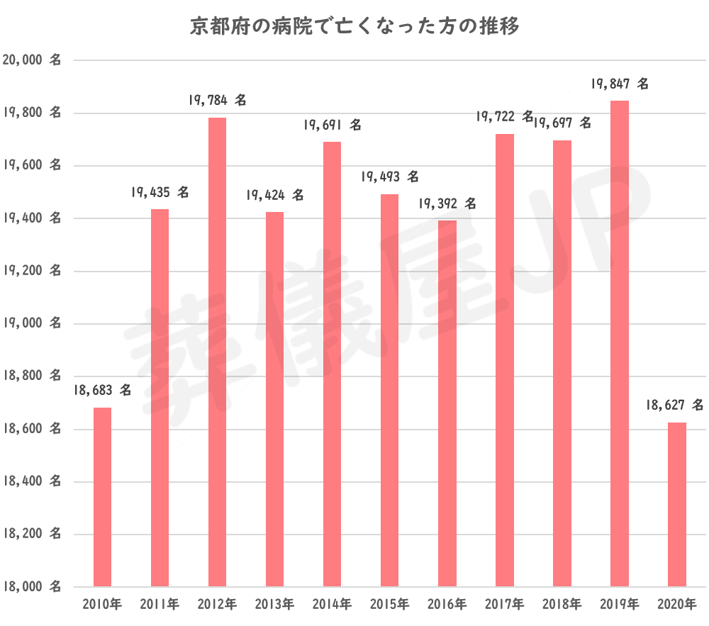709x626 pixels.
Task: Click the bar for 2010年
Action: pyautogui.click(x=102, y=497)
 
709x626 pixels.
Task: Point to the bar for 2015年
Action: pyautogui.click(x=389, y=390)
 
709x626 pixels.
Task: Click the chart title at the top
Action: pyautogui.click(x=354, y=27)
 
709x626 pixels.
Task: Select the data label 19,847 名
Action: pyautogui.click(x=620, y=84)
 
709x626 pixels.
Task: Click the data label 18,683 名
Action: pyautogui.click(x=102, y=390)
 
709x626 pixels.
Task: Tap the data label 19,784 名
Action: pyautogui.click(x=217, y=101)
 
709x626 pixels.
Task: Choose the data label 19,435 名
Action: pyautogui.click(x=160, y=192)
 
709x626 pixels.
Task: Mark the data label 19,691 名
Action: pyautogui.click(x=332, y=125)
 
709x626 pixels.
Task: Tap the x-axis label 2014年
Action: pyautogui.click(x=332, y=605)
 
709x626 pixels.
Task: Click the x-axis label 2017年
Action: pyautogui.click(x=505, y=605)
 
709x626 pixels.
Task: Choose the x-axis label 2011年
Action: pyautogui.click(x=160, y=605)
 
